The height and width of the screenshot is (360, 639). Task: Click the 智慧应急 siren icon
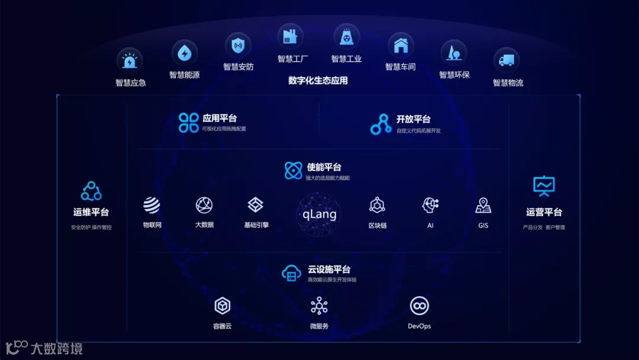(130, 60)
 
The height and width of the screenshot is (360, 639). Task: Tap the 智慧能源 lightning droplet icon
(184, 53)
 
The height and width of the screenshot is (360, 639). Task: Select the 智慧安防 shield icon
(238, 45)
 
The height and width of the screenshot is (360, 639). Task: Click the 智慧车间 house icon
(401, 45)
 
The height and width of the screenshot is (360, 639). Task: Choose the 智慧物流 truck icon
(506, 60)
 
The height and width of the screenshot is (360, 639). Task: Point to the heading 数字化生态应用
(318, 81)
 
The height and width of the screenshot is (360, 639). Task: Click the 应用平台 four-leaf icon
(189, 123)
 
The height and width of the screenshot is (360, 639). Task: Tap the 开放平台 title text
(414, 118)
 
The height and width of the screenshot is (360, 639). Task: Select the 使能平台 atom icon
(293, 171)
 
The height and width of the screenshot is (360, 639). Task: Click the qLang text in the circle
(319, 214)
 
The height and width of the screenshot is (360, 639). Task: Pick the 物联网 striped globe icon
(151, 205)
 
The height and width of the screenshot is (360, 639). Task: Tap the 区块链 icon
(377, 205)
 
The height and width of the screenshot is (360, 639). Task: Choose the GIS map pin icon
(483, 205)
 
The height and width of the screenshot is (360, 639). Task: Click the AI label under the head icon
(430, 225)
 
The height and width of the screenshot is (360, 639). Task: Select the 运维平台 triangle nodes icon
(91, 191)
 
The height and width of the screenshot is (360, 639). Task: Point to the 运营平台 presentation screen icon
(544, 186)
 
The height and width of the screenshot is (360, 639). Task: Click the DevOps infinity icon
(419, 306)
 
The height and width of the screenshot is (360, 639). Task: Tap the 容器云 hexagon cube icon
(222, 306)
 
